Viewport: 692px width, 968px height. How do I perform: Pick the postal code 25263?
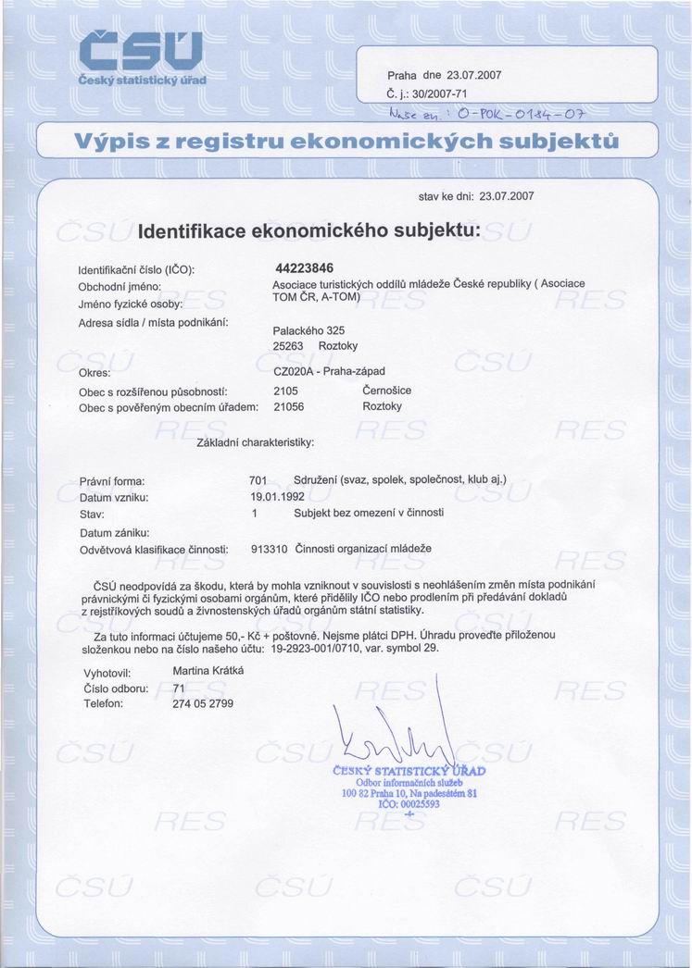(289, 346)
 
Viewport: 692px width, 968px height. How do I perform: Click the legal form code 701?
(258, 480)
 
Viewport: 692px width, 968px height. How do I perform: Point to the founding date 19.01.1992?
(270, 497)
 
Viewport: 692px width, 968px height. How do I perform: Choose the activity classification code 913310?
(269, 549)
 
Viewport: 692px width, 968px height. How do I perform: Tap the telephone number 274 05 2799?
(204, 703)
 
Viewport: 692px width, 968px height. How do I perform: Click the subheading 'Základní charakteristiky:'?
(257, 442)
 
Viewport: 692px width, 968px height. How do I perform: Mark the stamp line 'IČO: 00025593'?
(409, 804)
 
